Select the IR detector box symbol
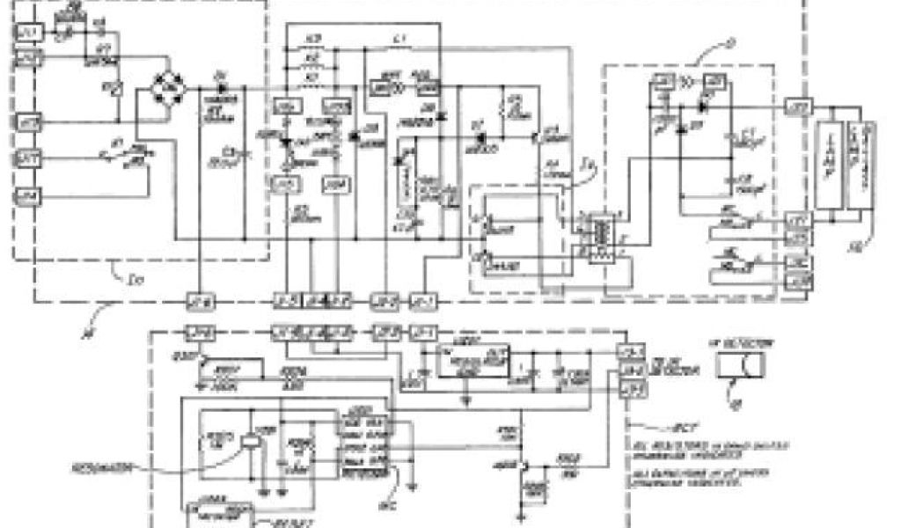[x=739, y=363]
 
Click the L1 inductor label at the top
[x=399, y=40]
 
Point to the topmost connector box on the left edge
[x=26, y=33]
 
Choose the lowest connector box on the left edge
[x=26, y=196]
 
